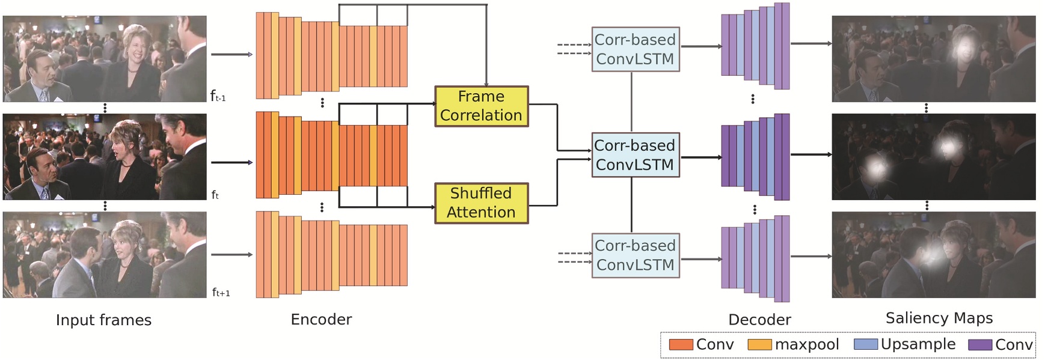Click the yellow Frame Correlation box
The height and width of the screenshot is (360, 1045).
481,106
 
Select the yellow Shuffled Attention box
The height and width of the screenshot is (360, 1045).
481,203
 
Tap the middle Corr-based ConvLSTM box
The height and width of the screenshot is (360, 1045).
635,155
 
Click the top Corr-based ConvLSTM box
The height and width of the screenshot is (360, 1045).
635,49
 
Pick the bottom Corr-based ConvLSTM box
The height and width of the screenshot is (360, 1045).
635,255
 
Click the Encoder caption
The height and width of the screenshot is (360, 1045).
321,320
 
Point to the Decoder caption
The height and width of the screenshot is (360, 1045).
759,320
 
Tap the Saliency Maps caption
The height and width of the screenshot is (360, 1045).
939,318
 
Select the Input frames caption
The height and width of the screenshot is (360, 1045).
103,320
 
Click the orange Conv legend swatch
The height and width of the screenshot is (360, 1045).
681,345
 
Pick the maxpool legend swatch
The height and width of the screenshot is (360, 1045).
759,345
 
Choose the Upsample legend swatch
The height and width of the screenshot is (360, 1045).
865,345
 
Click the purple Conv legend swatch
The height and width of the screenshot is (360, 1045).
979,345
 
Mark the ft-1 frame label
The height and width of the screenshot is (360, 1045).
218,96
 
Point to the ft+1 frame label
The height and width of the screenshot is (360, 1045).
221,293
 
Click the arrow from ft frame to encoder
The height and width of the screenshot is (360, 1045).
231,162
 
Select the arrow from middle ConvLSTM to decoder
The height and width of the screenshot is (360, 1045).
700,157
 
